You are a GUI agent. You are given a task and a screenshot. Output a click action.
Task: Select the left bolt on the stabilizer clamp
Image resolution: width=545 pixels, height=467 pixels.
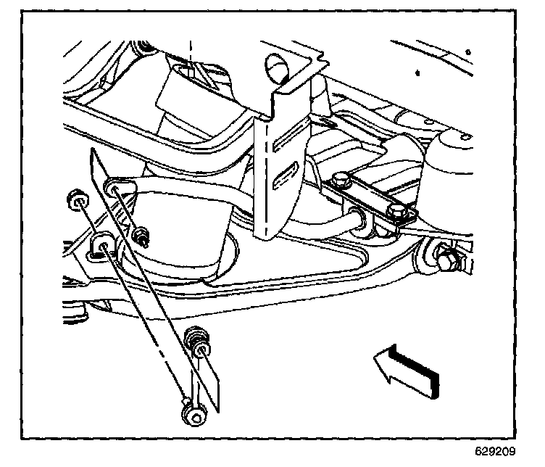pyautogui.click(x=340, y=178)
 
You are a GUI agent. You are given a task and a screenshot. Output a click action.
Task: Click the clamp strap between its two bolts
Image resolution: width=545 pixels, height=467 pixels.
pyautogui.click(x=367, y=195)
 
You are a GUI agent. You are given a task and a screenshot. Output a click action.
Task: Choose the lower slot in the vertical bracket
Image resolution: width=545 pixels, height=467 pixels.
pyautogui.click(x=286, y=174)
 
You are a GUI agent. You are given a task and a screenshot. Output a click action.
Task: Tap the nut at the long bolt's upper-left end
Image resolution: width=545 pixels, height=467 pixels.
pyautogui.click(x=75, y=197)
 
